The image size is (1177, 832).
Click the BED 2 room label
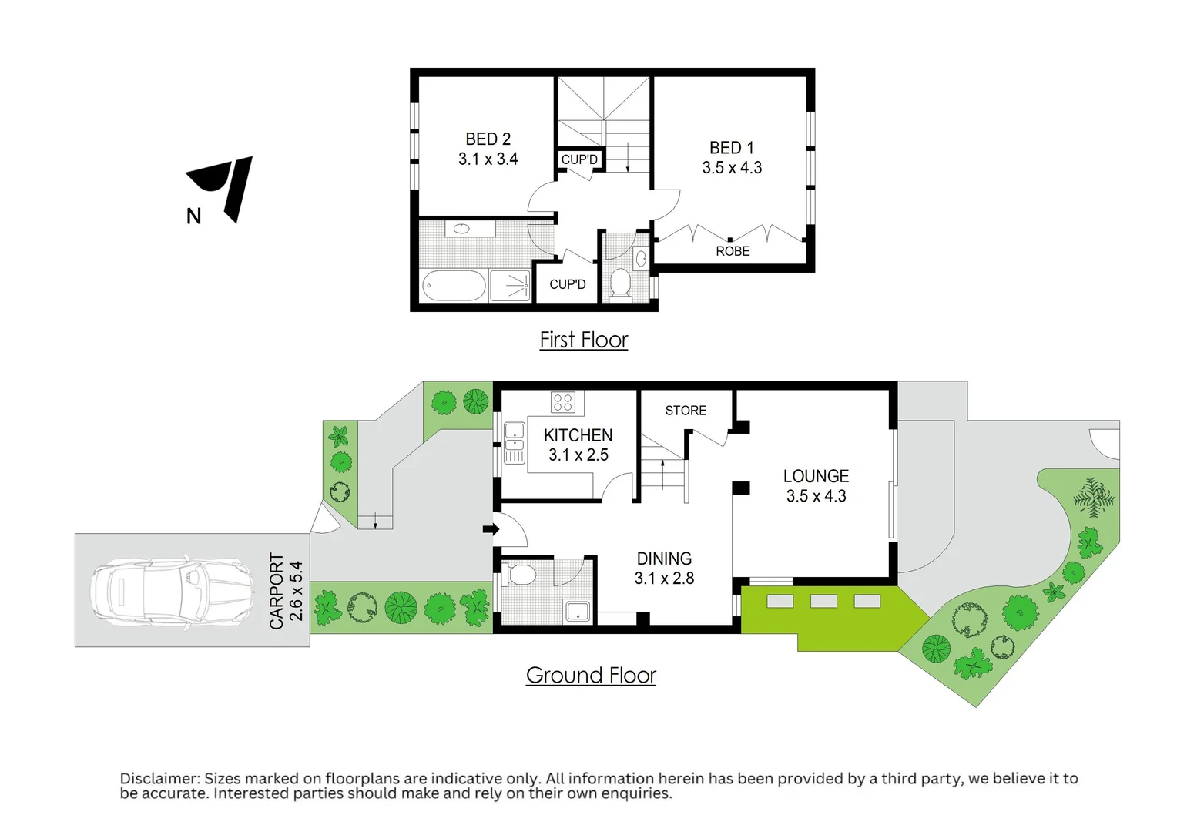[488, 139]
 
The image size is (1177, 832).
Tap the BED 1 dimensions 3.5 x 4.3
[732, 168]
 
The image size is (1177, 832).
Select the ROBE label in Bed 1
[733, 251]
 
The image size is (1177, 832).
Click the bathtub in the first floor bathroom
[454, 286]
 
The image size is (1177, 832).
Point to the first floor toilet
[619, 283]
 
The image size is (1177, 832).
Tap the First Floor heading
[583, 340]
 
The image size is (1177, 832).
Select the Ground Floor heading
[591, 676]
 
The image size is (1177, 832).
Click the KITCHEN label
[578, 435]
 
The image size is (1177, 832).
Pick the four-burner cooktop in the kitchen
[563, 402]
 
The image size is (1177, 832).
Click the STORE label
[686, 411]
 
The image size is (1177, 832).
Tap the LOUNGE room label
[816, 476]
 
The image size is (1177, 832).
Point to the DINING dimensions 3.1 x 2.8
[664, 579]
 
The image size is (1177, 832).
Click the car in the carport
[171, 591]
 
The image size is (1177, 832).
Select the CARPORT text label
[277, 591]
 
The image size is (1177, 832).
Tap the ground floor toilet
[521, 575]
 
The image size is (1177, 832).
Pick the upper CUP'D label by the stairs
[579, 159]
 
